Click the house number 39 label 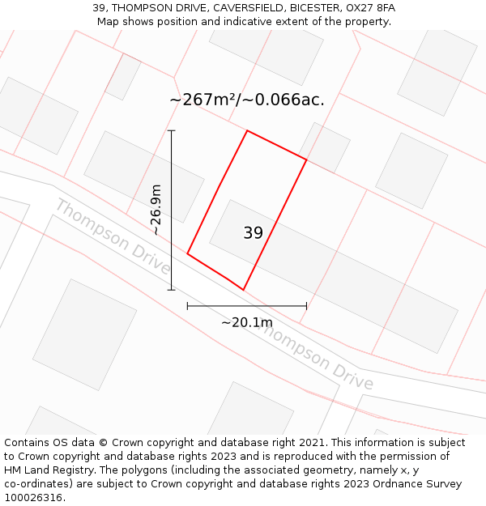253,233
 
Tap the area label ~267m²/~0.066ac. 247,100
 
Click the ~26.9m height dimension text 156,210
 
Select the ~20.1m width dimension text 247,322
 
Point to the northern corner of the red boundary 247,130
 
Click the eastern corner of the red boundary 306,160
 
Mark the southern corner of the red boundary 243,289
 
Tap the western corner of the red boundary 188,253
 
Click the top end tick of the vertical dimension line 171,130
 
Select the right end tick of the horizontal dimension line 306,306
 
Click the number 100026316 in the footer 32,498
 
